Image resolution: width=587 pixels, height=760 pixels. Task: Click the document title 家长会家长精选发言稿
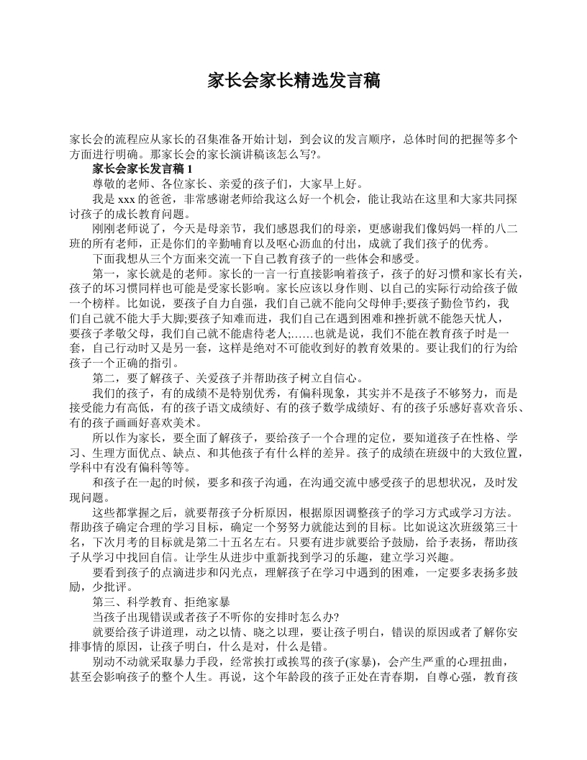[x=293, y=80]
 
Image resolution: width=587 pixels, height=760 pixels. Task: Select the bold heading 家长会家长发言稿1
[x=142, y=169]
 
